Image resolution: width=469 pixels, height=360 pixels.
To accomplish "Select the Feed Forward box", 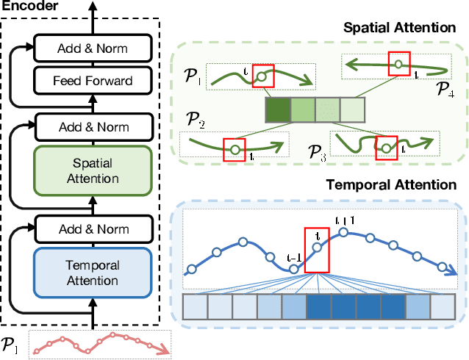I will pos(92,80).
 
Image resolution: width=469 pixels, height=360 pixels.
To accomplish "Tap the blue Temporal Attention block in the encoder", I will pos(92,273).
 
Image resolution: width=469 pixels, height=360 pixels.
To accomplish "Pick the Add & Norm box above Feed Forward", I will pos(92,50).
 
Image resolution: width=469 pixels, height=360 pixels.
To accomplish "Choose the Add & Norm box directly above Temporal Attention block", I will pos(92,228).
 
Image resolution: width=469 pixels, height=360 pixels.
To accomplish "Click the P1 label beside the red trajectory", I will pos(12,342).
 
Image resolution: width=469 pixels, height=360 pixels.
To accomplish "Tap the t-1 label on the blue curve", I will pos(293,258).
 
